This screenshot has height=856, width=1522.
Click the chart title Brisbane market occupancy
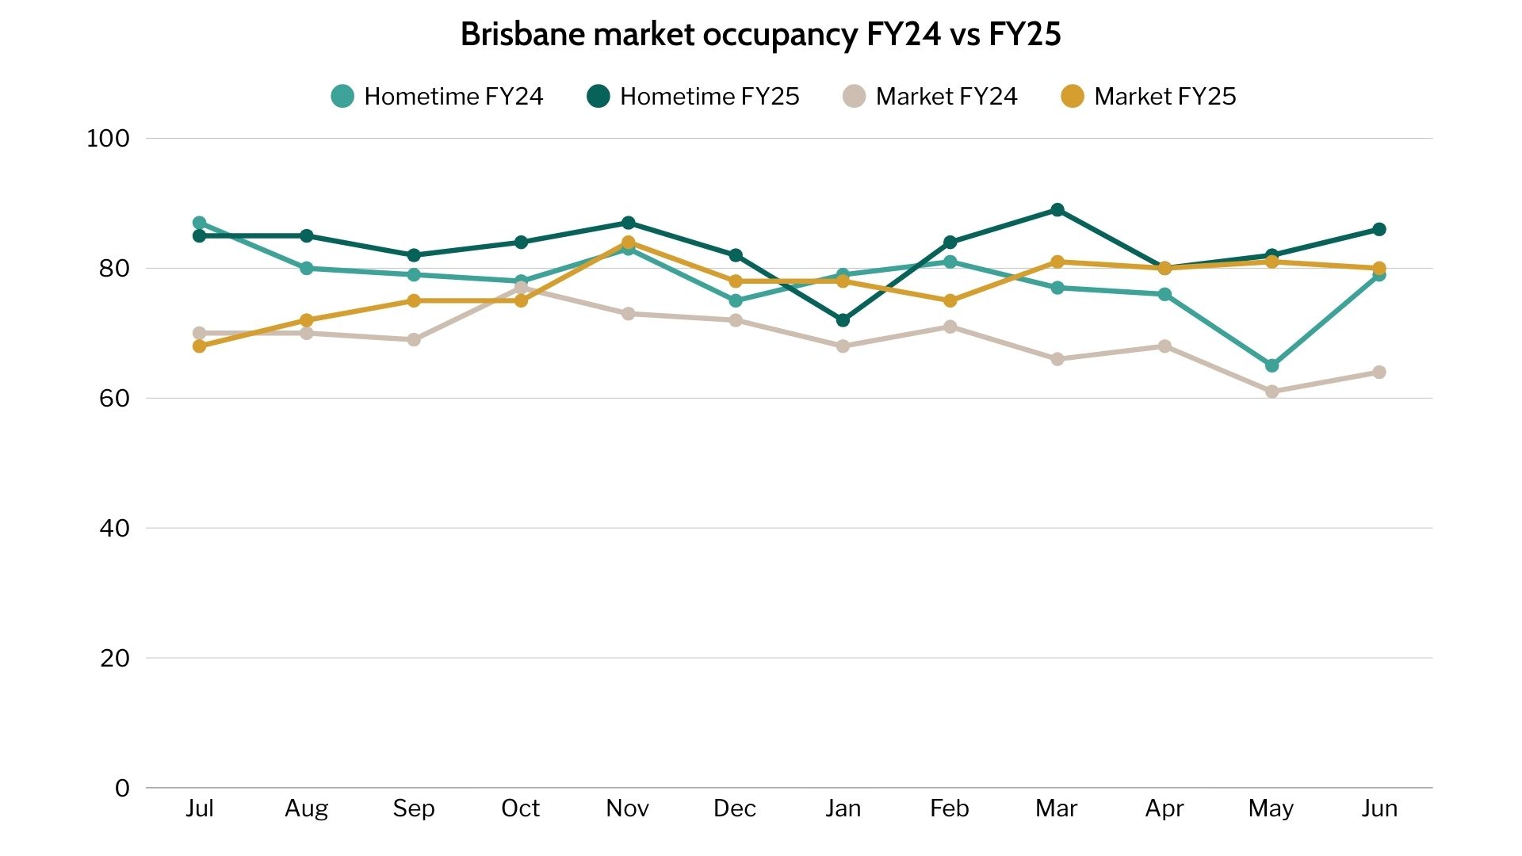click(x=760, y=35)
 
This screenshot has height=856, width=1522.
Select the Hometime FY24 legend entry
click(x=438, y=97)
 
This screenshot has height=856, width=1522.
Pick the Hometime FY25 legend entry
click(x=694, y=97)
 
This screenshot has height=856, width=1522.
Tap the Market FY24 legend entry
click(x=931, y=97)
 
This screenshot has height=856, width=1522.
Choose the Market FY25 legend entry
click(x=1149, y=97)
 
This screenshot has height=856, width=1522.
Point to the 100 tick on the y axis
click(x=108, y=139)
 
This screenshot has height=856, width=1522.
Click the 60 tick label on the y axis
click(x=114, y=399)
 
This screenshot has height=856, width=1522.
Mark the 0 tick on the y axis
click(x=122, y=789)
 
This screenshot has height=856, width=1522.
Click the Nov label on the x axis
click(x=627, y=808)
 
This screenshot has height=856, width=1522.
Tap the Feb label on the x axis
click(x=949, y=808)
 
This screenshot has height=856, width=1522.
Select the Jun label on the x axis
click(x=1379, y=808)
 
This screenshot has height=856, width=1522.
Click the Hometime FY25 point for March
click(x=1057, y=210)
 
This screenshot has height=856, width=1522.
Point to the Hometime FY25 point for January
click(x=843, y=320)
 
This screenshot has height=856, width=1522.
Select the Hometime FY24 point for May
click(x=1272, y=365)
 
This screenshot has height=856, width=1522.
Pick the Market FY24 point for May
click(x=1272, y=392)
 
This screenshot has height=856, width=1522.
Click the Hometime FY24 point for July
click(x=199, y=223)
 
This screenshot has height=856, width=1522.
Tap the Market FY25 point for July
click(x=199, y=346)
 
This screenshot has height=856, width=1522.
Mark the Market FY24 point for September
click(x=414, y=340)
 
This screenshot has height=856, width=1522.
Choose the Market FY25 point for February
click(x=950, y=301)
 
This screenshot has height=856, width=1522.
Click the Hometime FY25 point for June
click(x=1379, y=230)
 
